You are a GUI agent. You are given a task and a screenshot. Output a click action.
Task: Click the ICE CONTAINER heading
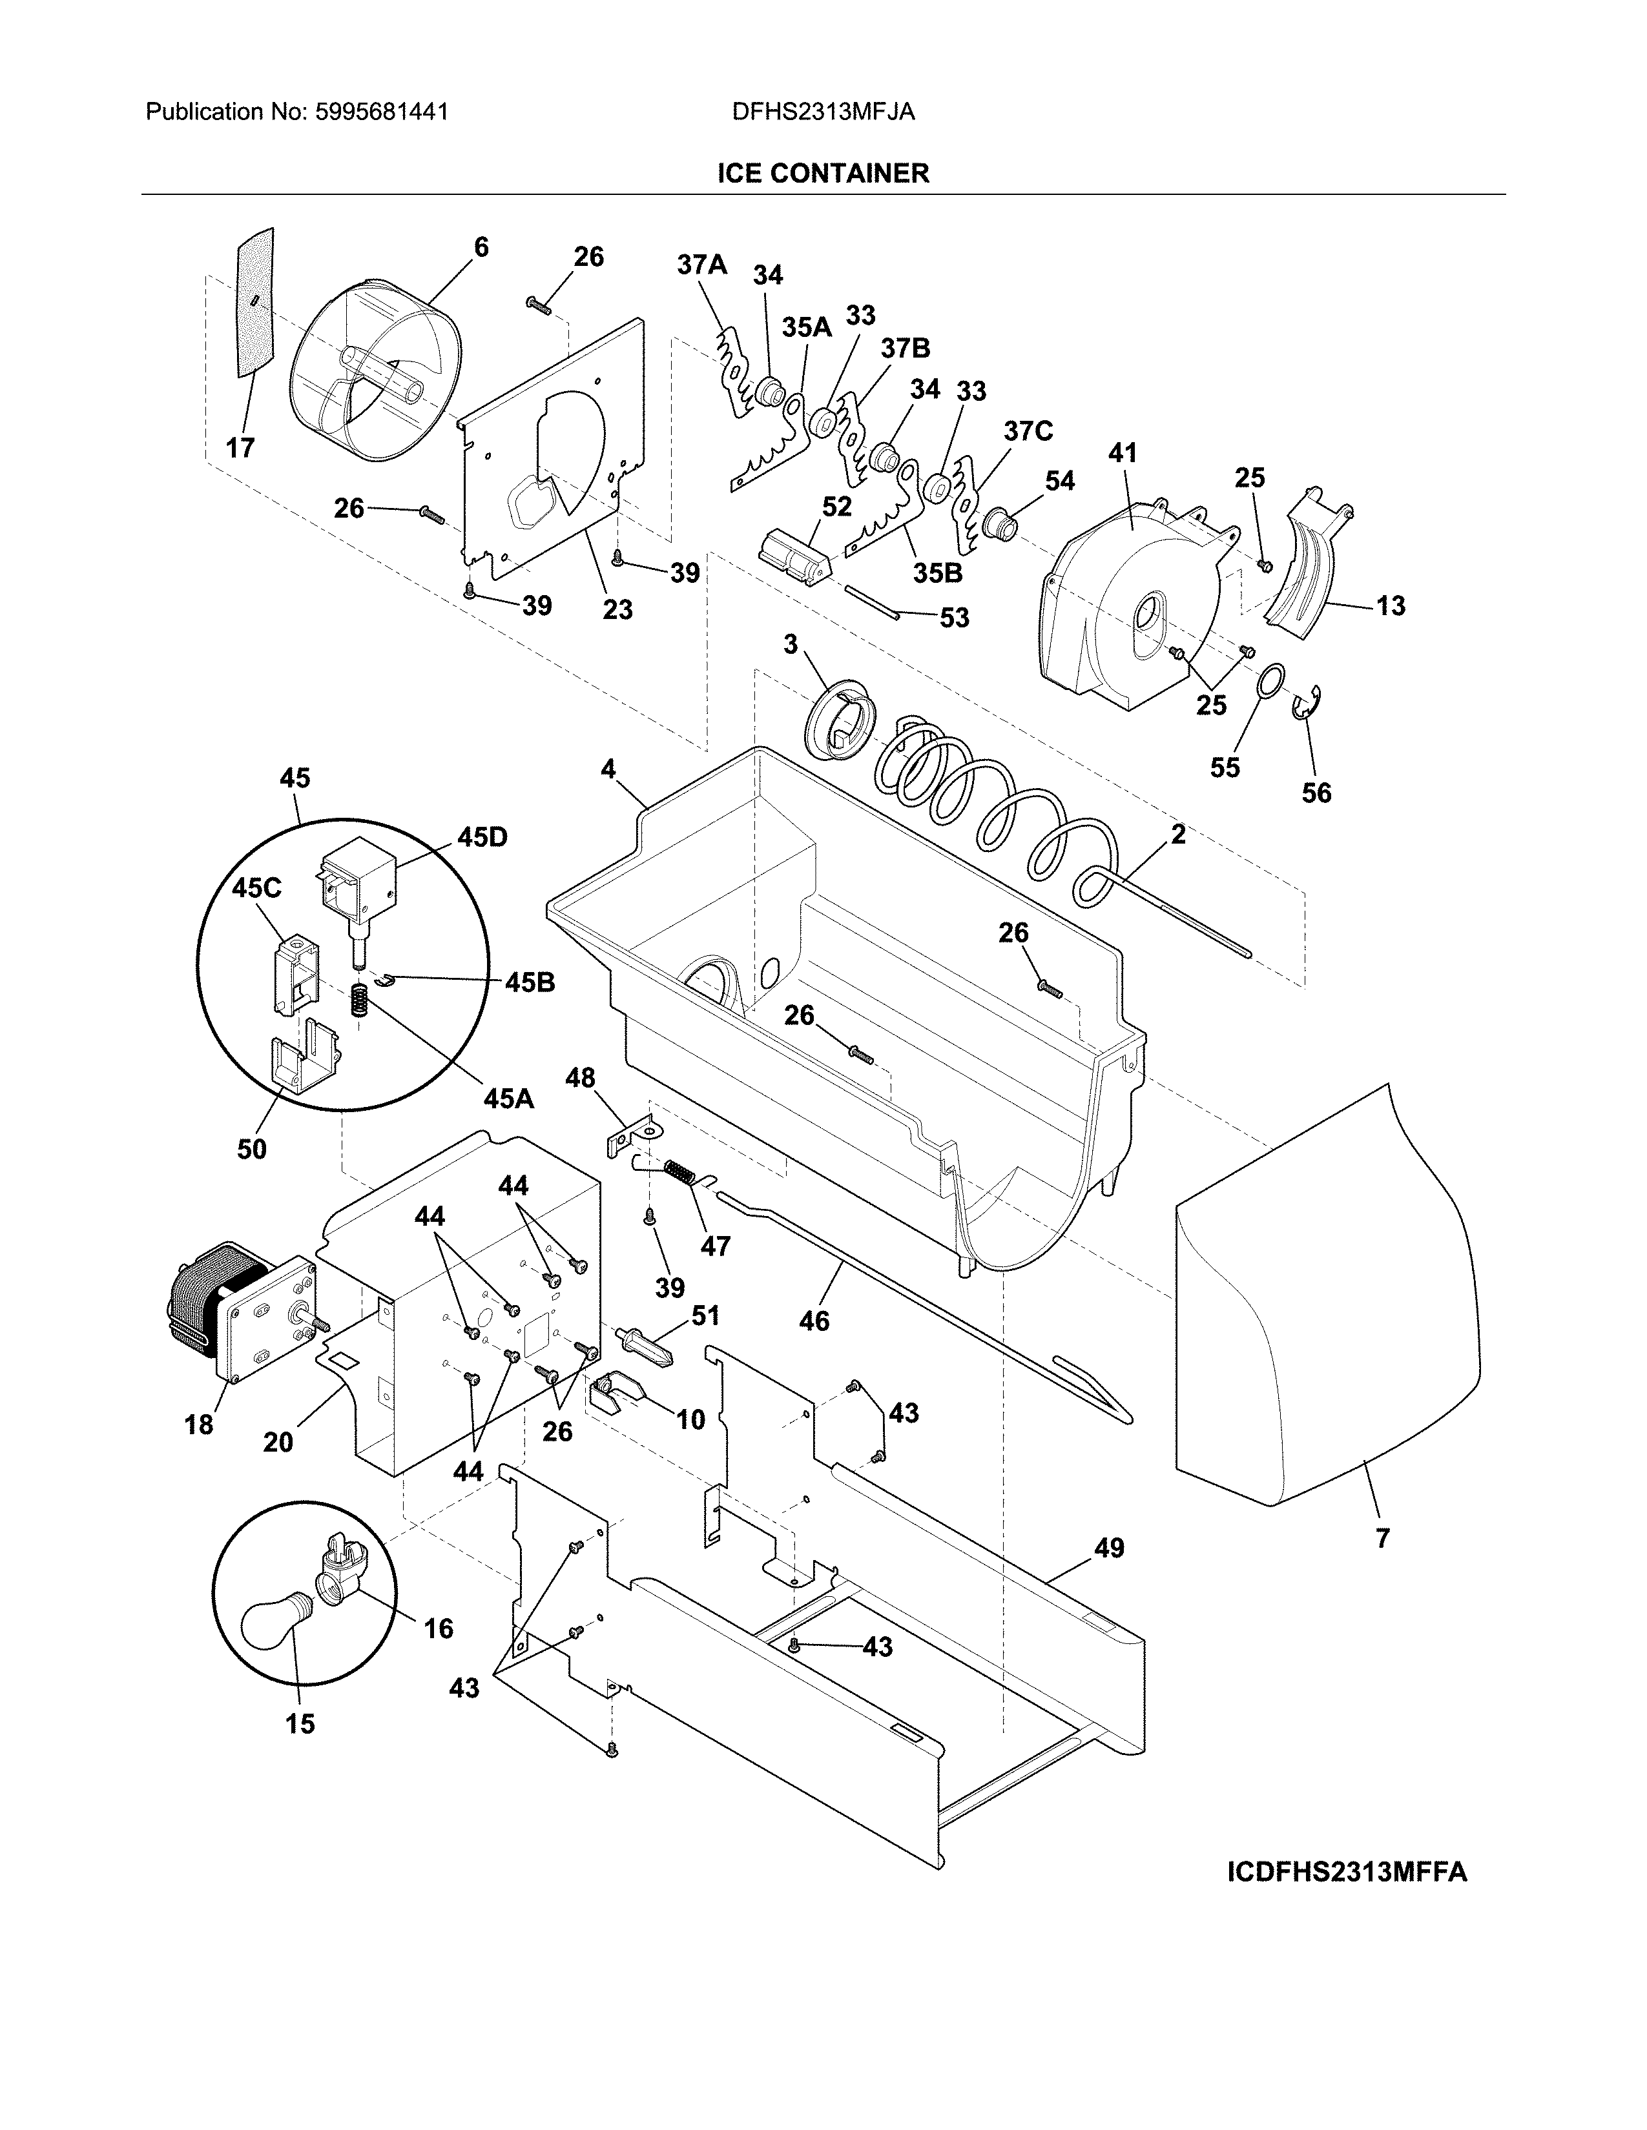822,174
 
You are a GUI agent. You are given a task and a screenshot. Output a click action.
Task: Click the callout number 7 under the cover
1382,1538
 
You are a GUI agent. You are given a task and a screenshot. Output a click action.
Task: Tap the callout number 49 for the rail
1108,1548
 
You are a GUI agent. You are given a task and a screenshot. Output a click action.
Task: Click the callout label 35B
938,573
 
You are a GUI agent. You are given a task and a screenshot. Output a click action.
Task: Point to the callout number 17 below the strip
240,448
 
